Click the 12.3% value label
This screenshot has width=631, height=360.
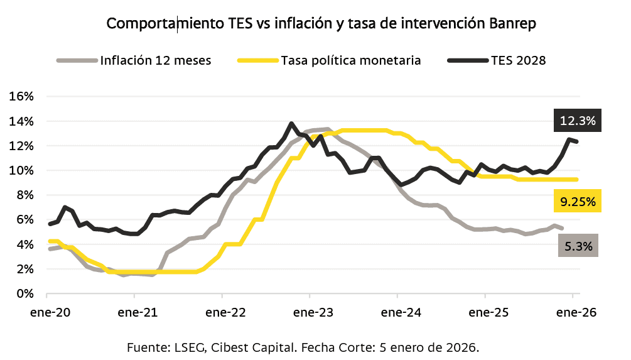tap(577, 120)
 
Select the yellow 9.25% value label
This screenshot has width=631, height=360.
tap(577, 202)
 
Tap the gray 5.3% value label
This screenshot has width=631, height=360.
tap(577, 246)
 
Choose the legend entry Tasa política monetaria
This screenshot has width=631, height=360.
tap(350, 61)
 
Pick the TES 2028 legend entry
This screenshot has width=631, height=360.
tap(519, 61)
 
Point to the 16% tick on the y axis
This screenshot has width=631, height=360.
tap(21, 97)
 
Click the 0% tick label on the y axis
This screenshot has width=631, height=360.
tap(24, 293)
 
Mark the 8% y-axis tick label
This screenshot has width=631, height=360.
tap(24, 195)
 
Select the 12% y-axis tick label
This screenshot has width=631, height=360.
tap(21, 146)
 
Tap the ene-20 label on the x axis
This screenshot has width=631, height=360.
tap(48, 312)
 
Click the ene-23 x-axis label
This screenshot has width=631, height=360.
tap(310, 312)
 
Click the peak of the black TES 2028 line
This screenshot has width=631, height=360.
tap(291, 124)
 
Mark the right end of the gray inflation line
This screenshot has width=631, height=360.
tap(562, 228)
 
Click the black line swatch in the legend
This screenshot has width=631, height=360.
tap(468, 61)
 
